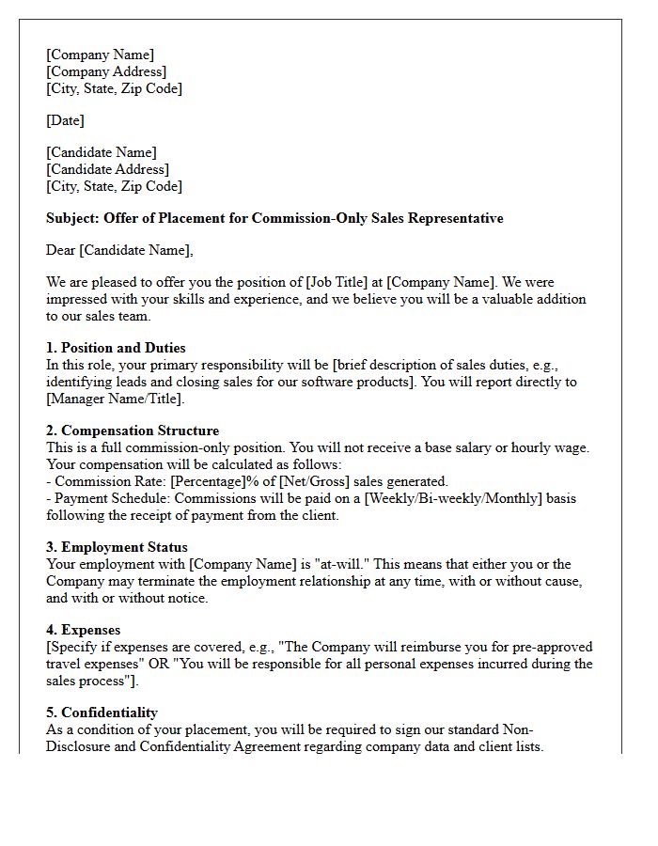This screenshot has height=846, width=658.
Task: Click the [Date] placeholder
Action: click(x=65, y=120)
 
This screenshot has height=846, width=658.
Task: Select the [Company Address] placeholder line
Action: click(x=106, y=71)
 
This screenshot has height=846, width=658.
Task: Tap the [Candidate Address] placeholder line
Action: click(x=108, y=169)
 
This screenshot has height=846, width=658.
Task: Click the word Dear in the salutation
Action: click(x=61, y=250)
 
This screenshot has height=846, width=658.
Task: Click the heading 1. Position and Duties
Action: click(x=116, y=348)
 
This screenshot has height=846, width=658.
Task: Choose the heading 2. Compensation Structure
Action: click(x=133, y=431)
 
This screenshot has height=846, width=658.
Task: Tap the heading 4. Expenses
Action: click(x=83, y=630)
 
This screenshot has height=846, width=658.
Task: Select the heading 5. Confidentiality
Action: click(x=102, y=713)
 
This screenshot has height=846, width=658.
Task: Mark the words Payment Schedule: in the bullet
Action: click(x=112, y=498)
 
